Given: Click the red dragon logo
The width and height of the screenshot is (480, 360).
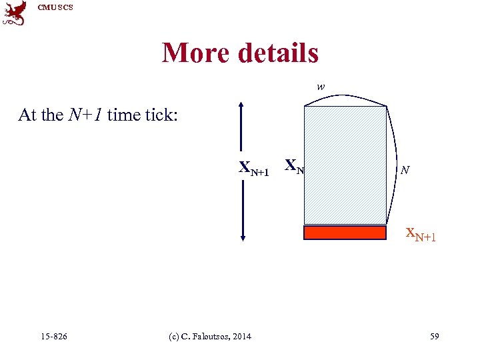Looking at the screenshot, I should pos(14,13).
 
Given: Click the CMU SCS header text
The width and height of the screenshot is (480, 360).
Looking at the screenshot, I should pos(55,7).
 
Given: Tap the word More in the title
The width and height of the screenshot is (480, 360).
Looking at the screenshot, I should pos(196,53).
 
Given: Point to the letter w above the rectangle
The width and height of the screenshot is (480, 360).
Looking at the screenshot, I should pos(321,87).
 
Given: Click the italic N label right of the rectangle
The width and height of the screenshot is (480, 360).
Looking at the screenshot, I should pos(405,171).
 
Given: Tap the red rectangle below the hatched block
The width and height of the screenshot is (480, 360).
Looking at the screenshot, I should pos(345,233).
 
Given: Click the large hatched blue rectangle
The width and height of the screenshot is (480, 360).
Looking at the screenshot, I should pos(345,165).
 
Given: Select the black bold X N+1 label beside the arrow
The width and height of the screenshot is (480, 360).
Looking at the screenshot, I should pos(254,169).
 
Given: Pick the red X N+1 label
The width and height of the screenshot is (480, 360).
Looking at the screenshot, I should pos(421,235).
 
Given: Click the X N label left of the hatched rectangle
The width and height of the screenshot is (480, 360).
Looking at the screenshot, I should pos(294,166).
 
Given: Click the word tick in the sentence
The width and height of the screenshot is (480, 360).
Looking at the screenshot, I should pos(157,115).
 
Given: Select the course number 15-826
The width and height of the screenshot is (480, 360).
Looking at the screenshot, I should pos(53,336).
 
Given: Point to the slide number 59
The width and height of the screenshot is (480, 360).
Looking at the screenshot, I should pos(434,336).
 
